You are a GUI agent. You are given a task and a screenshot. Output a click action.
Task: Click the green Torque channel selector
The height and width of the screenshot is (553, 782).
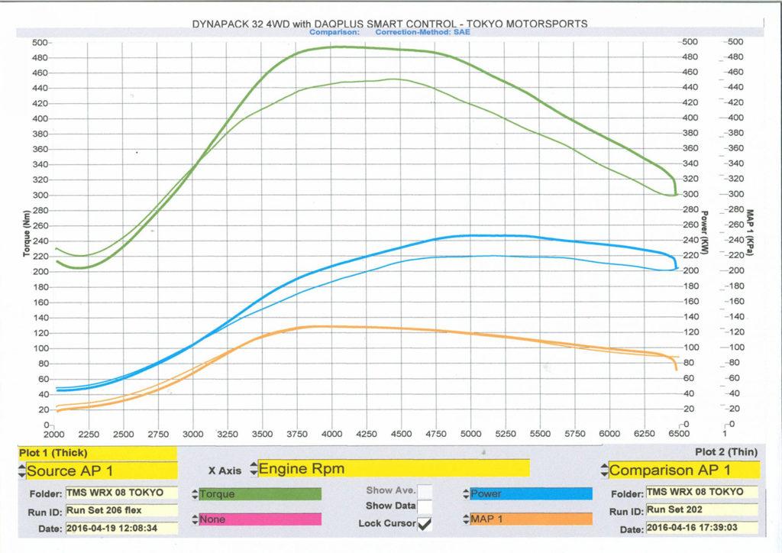(x=260, y=494)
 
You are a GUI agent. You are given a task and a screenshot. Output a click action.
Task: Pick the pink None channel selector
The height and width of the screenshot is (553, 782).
(x=260, y=519)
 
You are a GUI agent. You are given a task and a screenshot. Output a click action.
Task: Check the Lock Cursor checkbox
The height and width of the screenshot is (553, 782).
(x=424, y=523)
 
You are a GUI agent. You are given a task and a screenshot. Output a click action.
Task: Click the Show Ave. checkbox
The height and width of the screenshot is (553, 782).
(x=425, y=490)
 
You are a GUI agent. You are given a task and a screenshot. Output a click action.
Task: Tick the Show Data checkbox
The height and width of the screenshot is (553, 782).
(x=425, y=506)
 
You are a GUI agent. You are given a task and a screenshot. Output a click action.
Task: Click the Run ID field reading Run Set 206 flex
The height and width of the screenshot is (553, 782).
(x=121, y=510)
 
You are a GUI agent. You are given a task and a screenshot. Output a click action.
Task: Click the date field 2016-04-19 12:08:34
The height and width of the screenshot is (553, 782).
(x=121, y=528)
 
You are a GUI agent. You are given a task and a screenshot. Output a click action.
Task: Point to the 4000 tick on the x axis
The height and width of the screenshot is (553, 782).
(x=331, y=434)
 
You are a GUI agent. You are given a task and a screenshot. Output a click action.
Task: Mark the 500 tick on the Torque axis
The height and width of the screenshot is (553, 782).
(x=40, y=42)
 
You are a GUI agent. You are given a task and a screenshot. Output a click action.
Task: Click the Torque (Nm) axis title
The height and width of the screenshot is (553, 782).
(x=25, y=233)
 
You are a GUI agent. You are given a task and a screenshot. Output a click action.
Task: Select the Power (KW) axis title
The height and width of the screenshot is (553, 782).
(x=705, y=233)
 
